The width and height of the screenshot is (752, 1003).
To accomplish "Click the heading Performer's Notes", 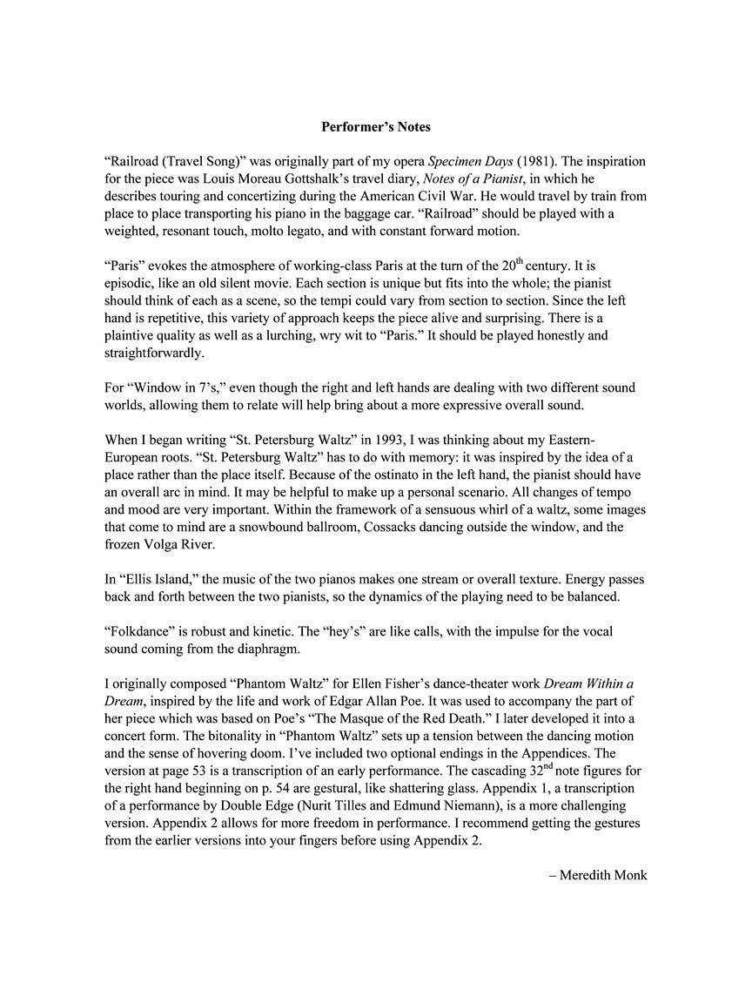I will (375, 127).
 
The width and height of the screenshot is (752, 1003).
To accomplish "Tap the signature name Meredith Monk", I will (602, 875).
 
